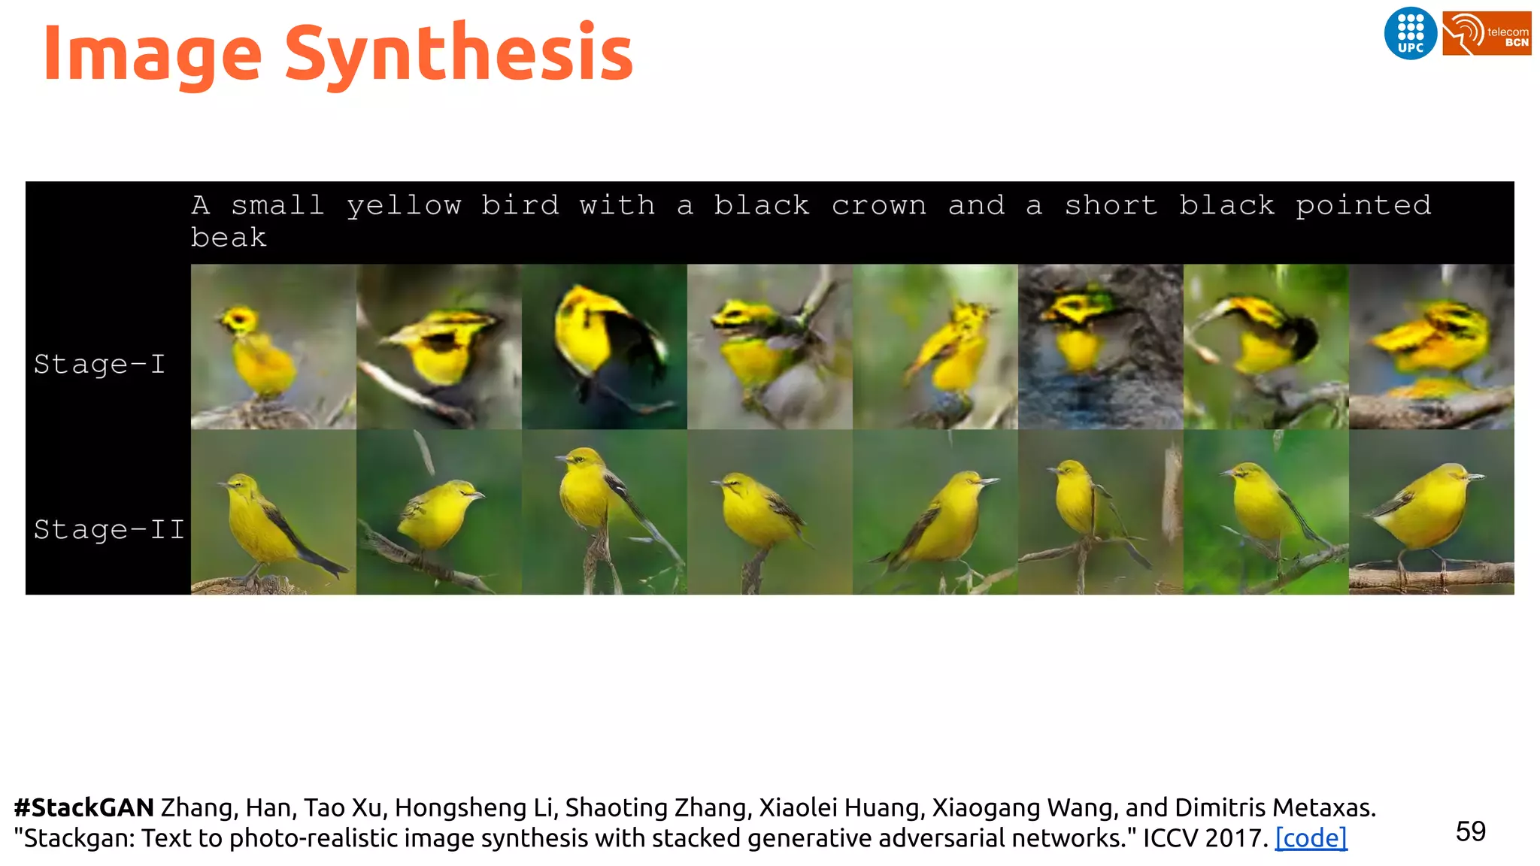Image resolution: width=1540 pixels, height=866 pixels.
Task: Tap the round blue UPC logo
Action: (x=1410, y=33)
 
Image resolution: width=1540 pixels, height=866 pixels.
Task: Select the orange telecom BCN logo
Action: (x=1487, y=33)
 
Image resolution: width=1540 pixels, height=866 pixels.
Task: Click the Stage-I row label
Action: (x=99, y=365)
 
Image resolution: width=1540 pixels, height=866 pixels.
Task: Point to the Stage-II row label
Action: (x=109, y=530)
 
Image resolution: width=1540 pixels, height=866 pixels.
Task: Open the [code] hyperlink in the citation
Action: (x=1311, y=837)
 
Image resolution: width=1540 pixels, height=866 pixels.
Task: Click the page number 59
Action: (x=1470, y=831)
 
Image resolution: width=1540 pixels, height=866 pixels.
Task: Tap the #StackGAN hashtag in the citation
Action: (x=84, y=807)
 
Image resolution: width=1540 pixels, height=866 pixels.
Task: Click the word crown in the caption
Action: (x=878, y=205)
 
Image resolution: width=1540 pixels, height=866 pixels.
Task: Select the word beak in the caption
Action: (x=229, y=238)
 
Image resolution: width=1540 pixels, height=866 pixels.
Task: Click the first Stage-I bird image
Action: (x=273, y=347)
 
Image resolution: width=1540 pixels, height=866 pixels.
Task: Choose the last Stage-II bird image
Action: (x=1431, y=512)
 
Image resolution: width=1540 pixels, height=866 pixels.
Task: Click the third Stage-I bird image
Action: (x=604, y=347)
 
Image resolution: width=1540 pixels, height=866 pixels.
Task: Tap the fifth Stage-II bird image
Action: (x=935, y=512)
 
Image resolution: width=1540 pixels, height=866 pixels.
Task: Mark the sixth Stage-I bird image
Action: (x=1100, y=347)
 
